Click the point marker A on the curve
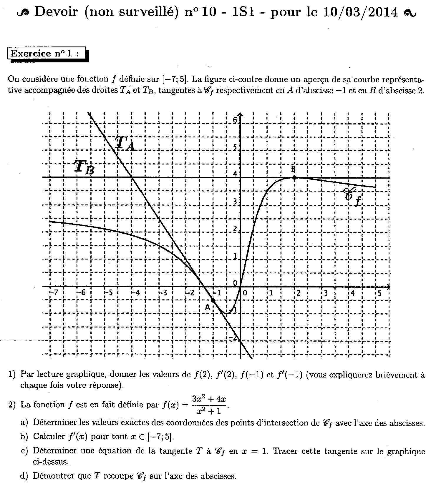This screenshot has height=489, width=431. point(213,300)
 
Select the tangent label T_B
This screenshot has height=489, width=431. point(84,167)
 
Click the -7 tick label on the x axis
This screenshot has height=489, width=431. point(54,293)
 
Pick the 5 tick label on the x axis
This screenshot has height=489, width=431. point(379,293)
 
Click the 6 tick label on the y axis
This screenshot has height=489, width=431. point(235,120)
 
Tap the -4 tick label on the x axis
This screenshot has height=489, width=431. point(135,293)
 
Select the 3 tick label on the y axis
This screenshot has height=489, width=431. point(235,202)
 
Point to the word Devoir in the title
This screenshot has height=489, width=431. point(56,12)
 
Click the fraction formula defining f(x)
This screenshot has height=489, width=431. point(209,405)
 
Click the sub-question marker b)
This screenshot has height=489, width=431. point(24,436)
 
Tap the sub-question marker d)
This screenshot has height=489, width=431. point(24,476)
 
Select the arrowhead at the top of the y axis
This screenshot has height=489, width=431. point(241,114)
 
